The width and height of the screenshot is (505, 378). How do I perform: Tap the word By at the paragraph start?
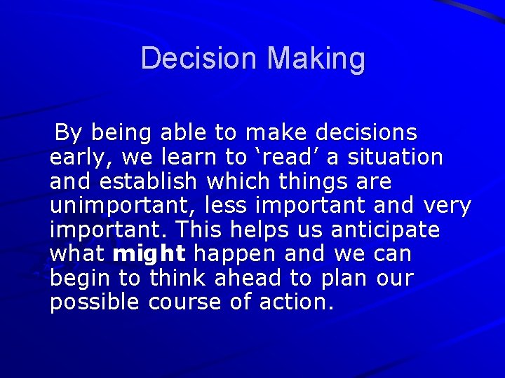69,133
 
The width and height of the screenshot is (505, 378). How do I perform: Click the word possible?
96,303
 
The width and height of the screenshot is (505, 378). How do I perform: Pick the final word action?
297,303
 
